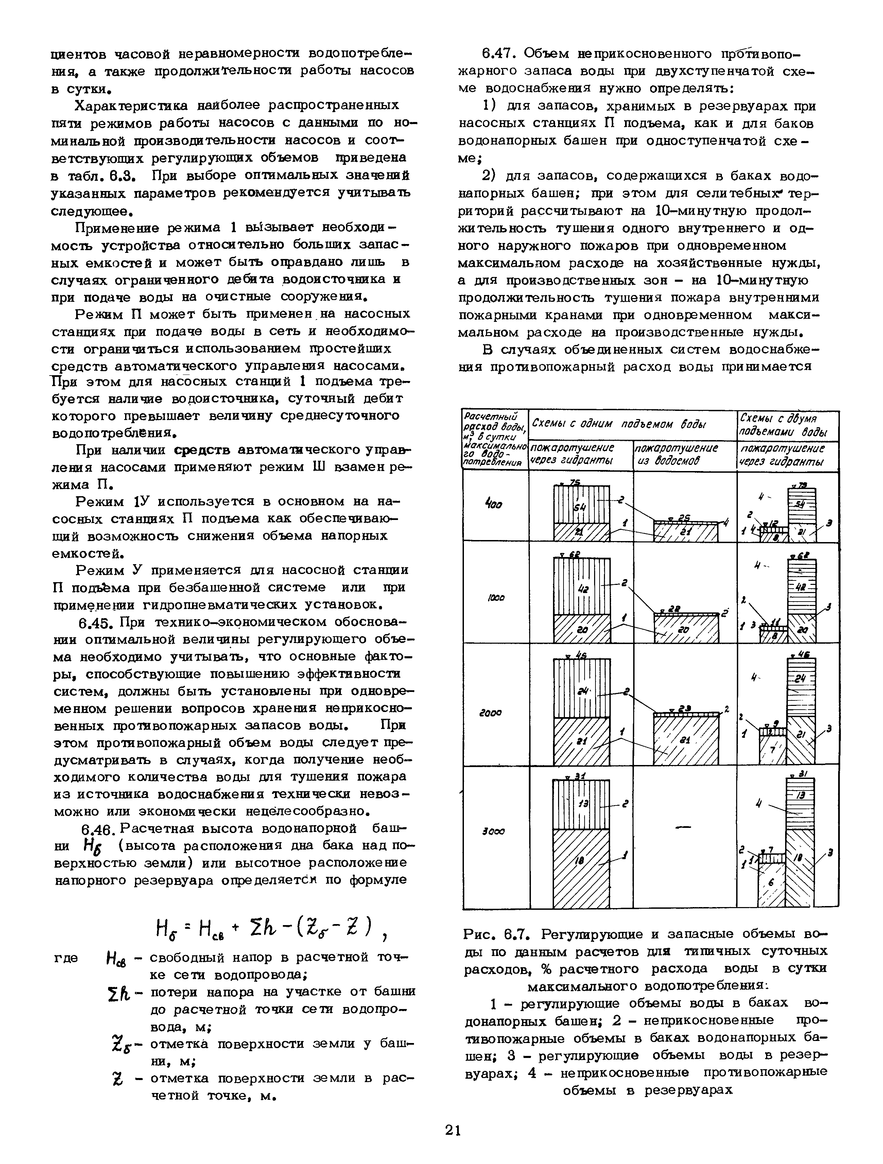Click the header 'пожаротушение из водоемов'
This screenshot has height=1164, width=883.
[x=677, y=455]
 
